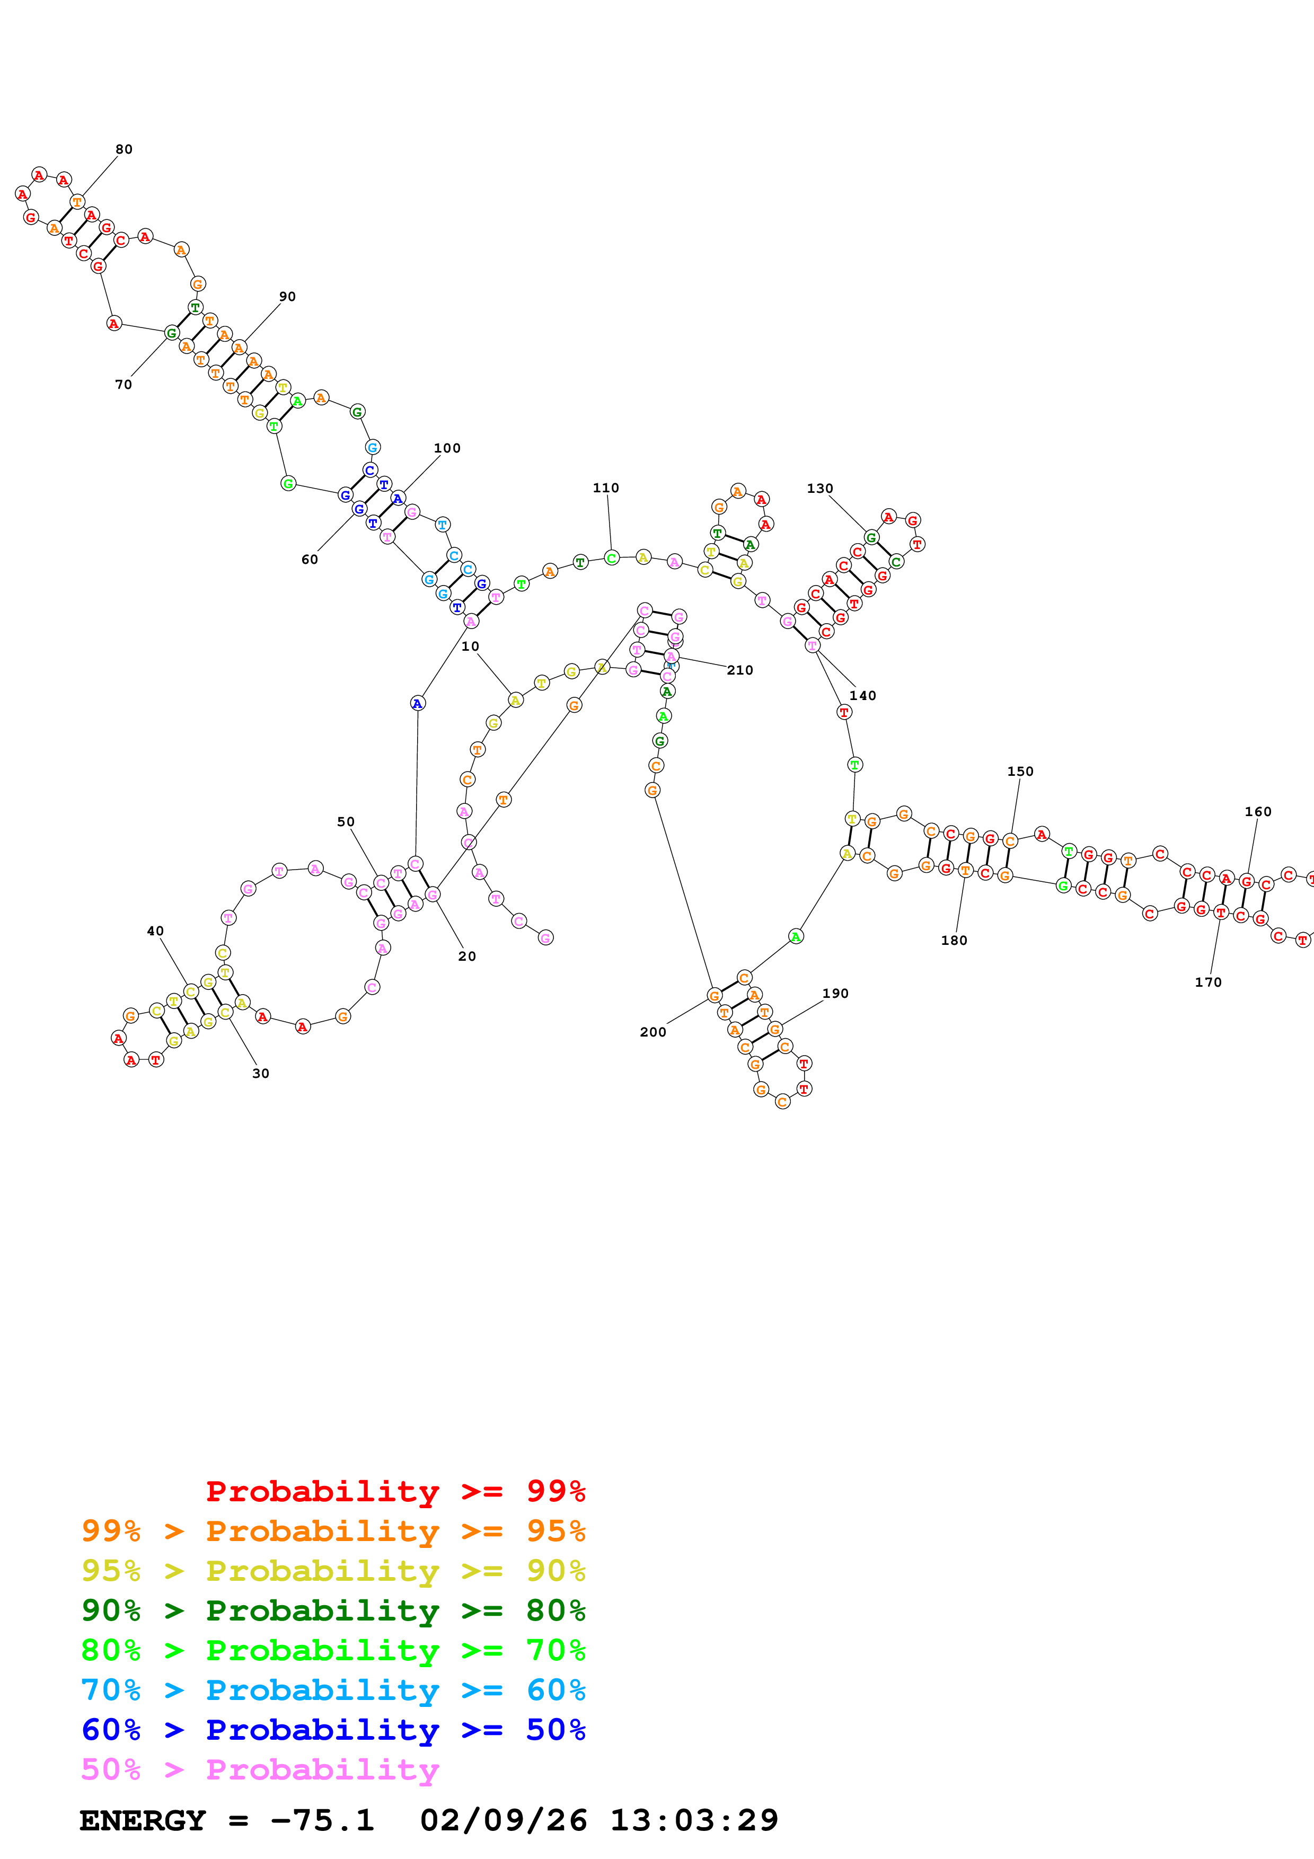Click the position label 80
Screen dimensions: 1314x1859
pos(124,149)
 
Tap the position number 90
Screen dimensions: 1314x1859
pos(287,296)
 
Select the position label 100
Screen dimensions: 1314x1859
pos(447,448)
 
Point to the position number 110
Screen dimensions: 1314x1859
pos(606,488)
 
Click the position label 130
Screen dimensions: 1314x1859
pos(819,488)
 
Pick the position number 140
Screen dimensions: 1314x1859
pos(862,695)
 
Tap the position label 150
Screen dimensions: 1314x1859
pos(1020,771)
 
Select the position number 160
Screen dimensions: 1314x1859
pos(1257,811)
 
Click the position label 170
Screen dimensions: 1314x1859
pos(1208,982)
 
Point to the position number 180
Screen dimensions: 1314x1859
pos(954,940)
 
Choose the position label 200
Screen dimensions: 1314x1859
pos(652,1032)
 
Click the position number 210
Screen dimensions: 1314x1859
pos(740,670)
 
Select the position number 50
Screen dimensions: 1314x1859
pos(346,821)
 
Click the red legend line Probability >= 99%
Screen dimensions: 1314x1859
pos(395,1491)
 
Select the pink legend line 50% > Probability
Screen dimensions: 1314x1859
pos(260,1769)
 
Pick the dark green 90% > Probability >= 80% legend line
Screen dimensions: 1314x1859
pos(333,1609)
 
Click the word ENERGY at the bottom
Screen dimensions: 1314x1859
pos(143,1820)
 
